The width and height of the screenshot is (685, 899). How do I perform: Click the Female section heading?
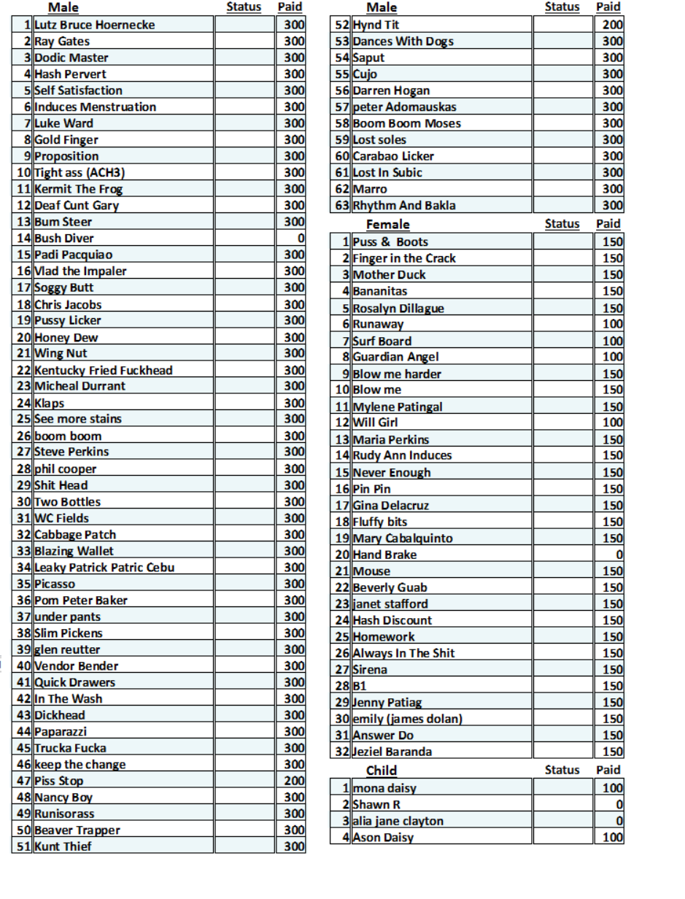pyautogui.click(x=387, y=224)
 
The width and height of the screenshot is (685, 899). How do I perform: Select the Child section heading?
pyautogui.click(x=382, y=770)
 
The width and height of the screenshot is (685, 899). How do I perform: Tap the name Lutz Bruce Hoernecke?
pyautogui.click(x=94, y=25)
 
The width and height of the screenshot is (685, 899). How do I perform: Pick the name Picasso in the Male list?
pyautogui.click(x=55, y=584)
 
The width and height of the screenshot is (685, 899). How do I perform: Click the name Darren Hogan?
pyautogui.click(x=391, y=90)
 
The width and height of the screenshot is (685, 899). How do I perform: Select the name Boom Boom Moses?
pyautogui.click(x=406, y=123)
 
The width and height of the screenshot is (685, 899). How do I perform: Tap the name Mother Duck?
pyautogui.click(x=389, y=275)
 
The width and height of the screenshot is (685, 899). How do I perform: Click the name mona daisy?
pyautogui.click(x=384, y=788)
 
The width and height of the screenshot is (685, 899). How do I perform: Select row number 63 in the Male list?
pyautogui.click(x=343, y=206)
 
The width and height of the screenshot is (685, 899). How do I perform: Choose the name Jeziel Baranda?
pyautogui.click(x=392, y=752)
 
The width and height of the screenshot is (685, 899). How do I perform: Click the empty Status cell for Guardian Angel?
pyautogui.click(x=562, y=357)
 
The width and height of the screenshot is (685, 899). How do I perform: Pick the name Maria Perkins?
pyautogui.click(x=390, y=439)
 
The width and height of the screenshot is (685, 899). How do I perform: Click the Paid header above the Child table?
pyautogui.click(x=608, y=770)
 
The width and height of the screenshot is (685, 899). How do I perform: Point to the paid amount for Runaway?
pyautogui.click(x=612, y=324)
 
